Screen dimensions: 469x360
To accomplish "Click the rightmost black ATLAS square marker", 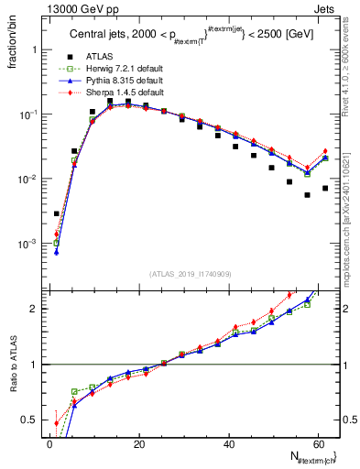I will pyautogui.click(x=325, y=189).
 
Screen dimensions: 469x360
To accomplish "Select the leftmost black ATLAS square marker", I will pyautogui.click(x=57, y=213).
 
